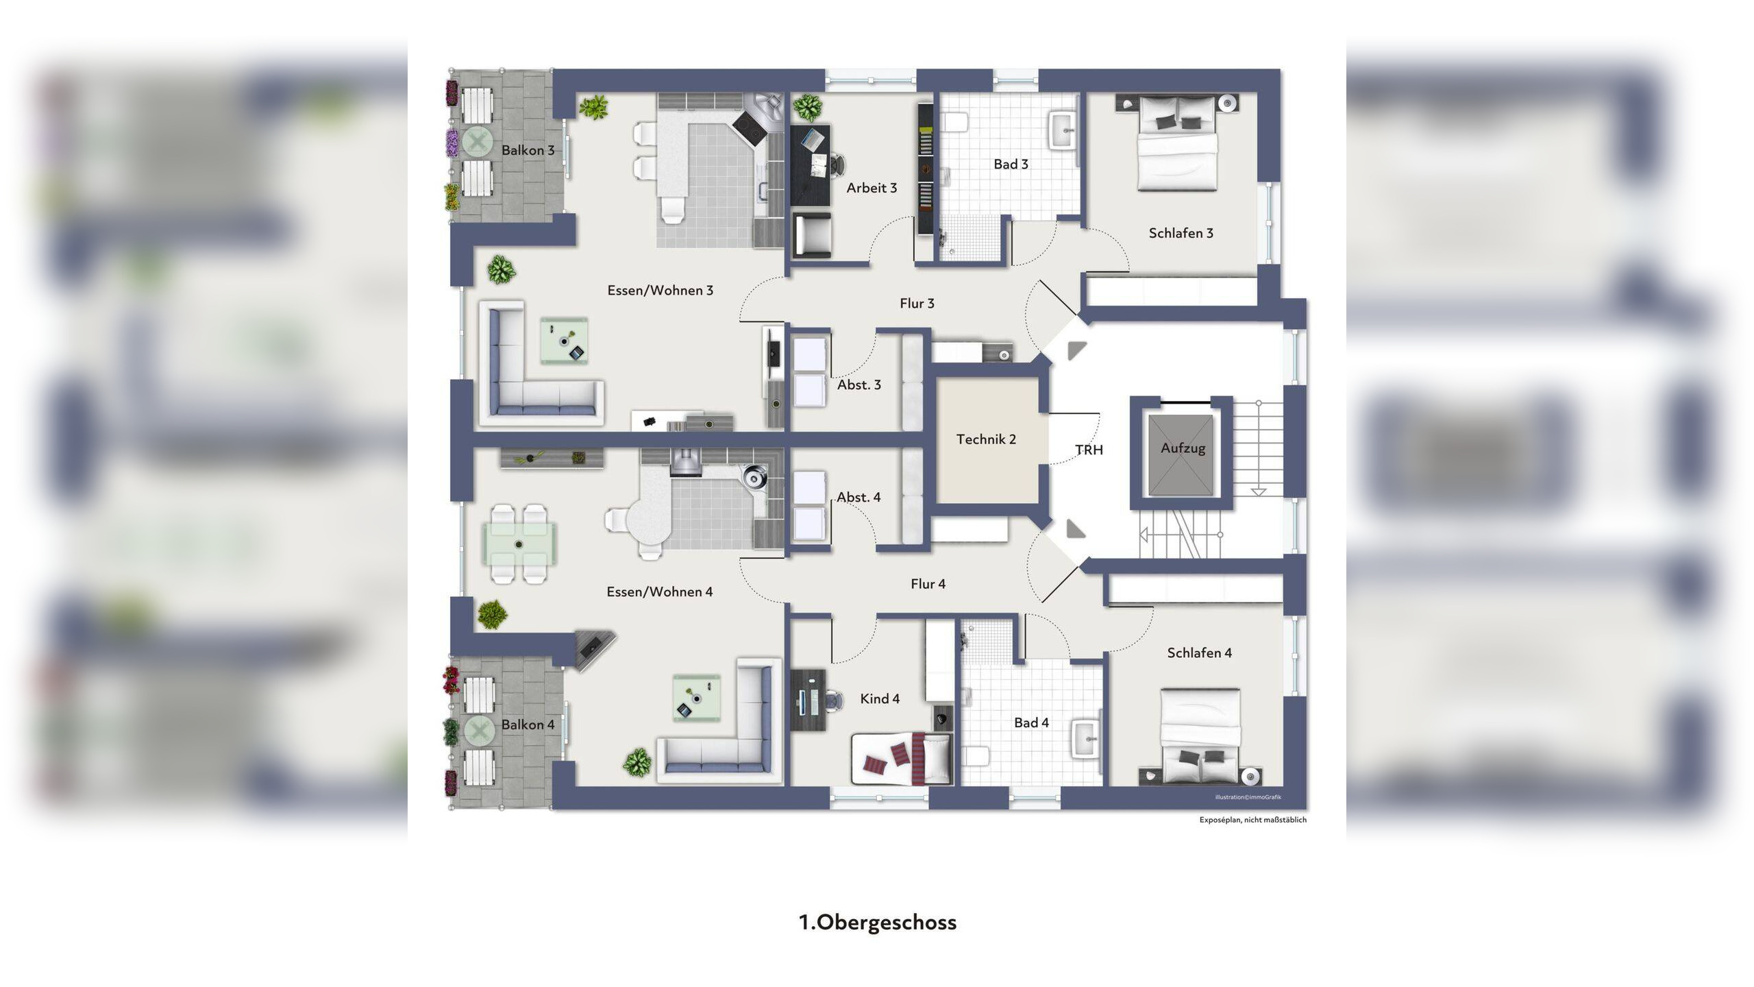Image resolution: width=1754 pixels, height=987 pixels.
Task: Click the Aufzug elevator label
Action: point(1183,448)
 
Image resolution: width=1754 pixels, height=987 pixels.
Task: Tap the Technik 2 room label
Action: point(986,439)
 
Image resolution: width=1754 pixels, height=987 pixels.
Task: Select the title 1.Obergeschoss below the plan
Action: point(878,923)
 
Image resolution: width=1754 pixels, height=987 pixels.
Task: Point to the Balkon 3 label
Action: point(528,150)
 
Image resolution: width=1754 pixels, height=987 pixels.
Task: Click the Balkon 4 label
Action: point(528,724)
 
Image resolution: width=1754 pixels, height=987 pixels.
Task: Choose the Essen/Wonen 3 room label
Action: point(660,291)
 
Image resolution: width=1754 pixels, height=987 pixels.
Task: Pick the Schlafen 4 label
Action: point(1199,653)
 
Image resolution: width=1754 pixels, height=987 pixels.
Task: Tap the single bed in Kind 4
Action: point(902,758)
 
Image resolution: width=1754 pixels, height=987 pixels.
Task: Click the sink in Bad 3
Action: point(1063,130)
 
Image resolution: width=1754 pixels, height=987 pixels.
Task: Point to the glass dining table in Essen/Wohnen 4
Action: point(519,544)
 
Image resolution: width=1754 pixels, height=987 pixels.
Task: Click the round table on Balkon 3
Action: point(478,143)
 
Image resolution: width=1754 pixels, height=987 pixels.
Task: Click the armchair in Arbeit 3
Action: point(812,235)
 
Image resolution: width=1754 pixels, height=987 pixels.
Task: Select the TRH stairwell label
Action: point(1089,450)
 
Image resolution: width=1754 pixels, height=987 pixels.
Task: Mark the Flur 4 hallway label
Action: point(928,584)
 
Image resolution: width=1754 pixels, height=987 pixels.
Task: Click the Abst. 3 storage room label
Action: point(859,385)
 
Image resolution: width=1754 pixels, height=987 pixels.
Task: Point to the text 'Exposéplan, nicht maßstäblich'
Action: point(1252,820)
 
